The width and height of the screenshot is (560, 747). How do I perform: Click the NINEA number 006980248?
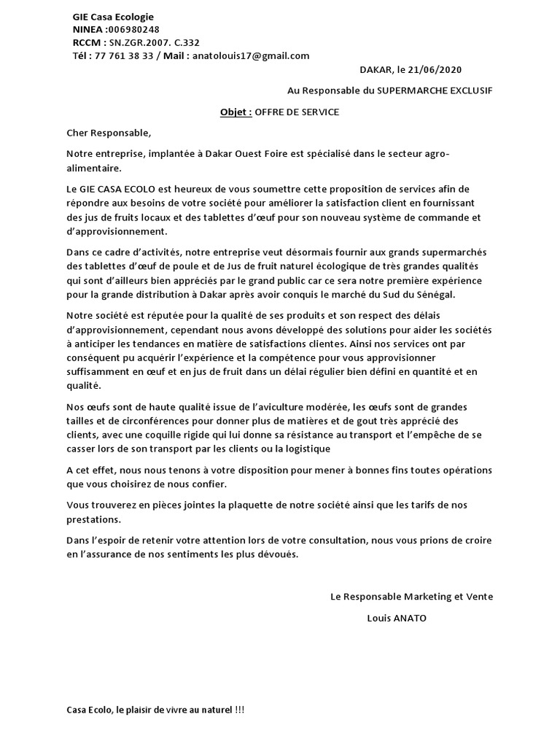133,29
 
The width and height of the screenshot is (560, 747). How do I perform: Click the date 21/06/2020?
435,69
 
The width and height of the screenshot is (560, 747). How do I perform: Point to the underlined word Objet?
236,112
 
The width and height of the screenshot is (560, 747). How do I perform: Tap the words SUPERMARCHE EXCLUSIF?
433,90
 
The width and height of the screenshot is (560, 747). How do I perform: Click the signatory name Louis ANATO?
396,618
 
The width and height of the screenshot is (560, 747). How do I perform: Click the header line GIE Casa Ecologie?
113,17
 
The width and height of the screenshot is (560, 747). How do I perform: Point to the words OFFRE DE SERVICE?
297,112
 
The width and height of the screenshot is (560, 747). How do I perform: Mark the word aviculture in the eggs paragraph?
275,406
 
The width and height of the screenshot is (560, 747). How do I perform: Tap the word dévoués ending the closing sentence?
278,554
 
